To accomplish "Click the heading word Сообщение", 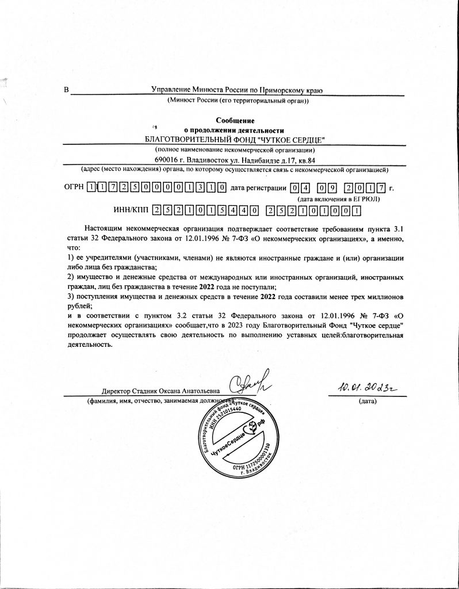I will point(235,120).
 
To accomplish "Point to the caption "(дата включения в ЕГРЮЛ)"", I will point(338,199).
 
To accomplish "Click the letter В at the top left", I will point(66,90).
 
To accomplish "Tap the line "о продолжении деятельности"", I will point(235,130).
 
